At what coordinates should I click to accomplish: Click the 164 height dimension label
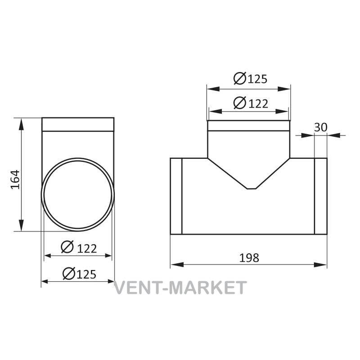(x=15, y=179)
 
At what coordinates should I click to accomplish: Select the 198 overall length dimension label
(x=249, y=258)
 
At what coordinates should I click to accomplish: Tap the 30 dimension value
(x=320, y=127)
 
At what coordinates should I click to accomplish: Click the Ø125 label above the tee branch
(x=251, y=78)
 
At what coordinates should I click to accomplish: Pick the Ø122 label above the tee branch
(x=251, y=103)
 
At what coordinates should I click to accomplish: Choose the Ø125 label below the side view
(x=80, y=274)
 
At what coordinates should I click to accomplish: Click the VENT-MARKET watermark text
(x=180, y=288)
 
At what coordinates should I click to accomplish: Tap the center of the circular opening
(x=78, y=195)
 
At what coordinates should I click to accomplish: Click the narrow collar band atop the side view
(x=78, y=125)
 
